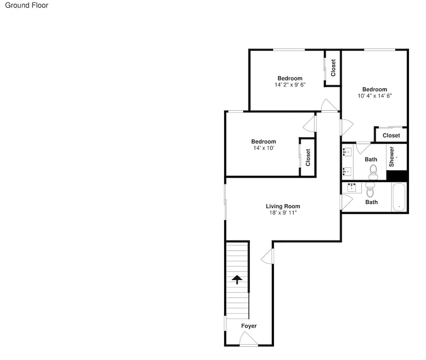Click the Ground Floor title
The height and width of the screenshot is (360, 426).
(x=26, y=5)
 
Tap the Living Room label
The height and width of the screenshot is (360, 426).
(x=283, y=206)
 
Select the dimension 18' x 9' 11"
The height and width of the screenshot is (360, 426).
(x=283, y=213)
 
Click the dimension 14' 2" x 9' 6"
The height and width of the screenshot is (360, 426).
(x=290, y=85)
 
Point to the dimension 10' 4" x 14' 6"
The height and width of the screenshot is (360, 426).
(x=374, y=96)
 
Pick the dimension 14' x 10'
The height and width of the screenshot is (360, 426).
(x=264, y=148)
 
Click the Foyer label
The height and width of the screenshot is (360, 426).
(x=249, y=326)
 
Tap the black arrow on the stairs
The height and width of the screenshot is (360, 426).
(x=237, y=280)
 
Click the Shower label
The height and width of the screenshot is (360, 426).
(x=391, y=157)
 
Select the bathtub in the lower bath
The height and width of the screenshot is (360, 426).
(x=399, y=197)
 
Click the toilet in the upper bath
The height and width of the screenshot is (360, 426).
(x=373, y=172)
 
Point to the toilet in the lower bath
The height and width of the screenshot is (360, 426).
(x=370, y=189)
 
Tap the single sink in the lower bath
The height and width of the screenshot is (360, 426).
(x=352, y=188)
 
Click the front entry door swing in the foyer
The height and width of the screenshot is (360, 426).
(x=248, y=339)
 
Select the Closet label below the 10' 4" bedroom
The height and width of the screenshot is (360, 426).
(x=391, y=135)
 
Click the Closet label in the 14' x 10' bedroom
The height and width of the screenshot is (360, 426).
(x=308, y=157)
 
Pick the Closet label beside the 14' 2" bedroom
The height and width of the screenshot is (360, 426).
(x=333, y=68)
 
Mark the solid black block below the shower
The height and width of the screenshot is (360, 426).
(x=397, y=175)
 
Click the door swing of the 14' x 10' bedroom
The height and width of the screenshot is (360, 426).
(x=309, y=124)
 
